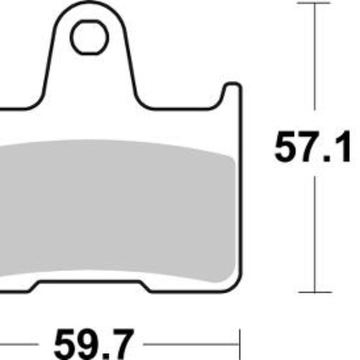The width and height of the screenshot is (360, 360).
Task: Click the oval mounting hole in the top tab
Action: click(89, 38)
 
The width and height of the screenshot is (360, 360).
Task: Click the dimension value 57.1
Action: click(312, 148)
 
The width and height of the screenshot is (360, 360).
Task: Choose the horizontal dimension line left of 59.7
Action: click(24, 346)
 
